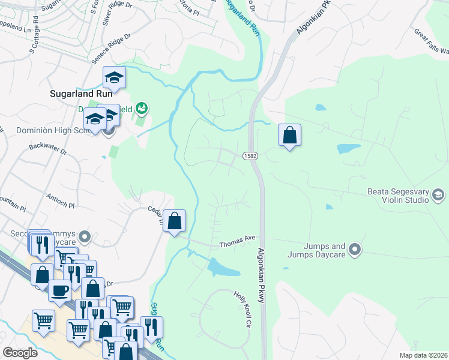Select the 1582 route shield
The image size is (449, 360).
point(250,156)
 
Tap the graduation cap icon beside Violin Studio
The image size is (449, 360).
point(438,193)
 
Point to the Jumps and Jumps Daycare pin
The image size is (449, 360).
point(355,248)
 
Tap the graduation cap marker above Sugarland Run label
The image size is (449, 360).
point(113,77)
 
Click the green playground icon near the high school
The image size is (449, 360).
point(141,108)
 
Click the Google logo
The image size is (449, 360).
point(21,353)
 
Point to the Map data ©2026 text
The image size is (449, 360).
point(423,355)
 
